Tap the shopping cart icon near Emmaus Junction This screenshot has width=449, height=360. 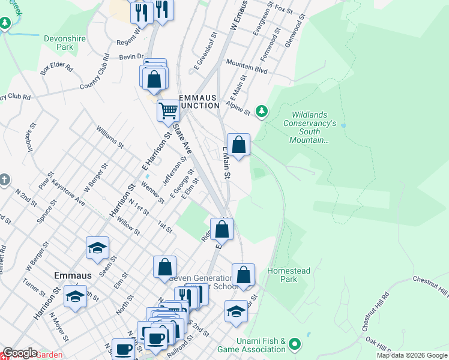[169, 110]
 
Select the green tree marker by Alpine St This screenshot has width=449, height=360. [261, 111]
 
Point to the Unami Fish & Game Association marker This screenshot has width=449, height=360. [294, 344]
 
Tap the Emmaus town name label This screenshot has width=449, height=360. [73, 275]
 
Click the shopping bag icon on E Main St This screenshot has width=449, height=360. [238, 145]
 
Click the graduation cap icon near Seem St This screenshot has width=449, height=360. [97, 248]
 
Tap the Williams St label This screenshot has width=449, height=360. [110, 136]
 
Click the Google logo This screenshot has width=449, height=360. [20, 353]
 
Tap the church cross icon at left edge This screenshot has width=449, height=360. [4, 179]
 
